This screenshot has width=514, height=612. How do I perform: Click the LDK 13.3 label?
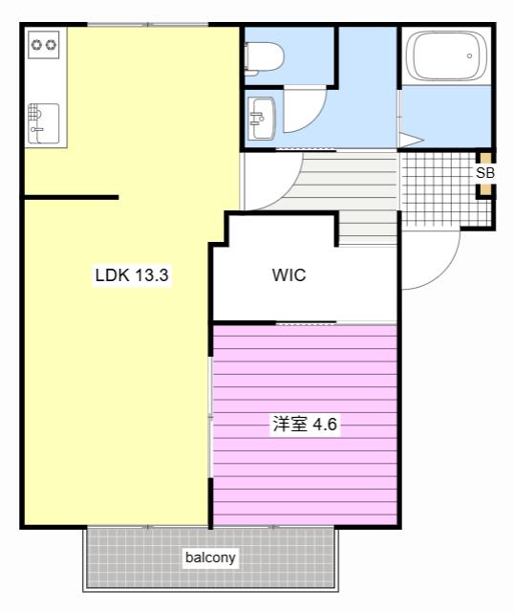[x=132, y=275]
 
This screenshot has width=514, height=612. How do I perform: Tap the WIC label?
[x=289, y=275]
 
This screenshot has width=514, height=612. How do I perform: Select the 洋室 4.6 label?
[x=305, y=424]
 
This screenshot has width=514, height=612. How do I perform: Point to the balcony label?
[x=210, y=557]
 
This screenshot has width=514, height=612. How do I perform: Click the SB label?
[x=485, y=172]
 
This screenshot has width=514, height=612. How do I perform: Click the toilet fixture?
[x=264, y=59]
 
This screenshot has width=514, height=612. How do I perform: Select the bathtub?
[x=446, y=56]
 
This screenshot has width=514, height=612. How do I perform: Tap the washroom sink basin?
[x=262, y=118]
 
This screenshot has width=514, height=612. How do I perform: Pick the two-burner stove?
[x=44, y=45]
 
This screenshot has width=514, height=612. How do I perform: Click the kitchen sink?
[x=44, y=123]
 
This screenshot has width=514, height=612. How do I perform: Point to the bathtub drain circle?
[x=469, y=55]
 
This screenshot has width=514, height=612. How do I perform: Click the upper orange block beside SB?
[x=485, y=159]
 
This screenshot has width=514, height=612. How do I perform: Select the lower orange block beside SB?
[x=485, y=188]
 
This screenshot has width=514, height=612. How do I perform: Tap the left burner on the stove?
[x=36, y=45]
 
